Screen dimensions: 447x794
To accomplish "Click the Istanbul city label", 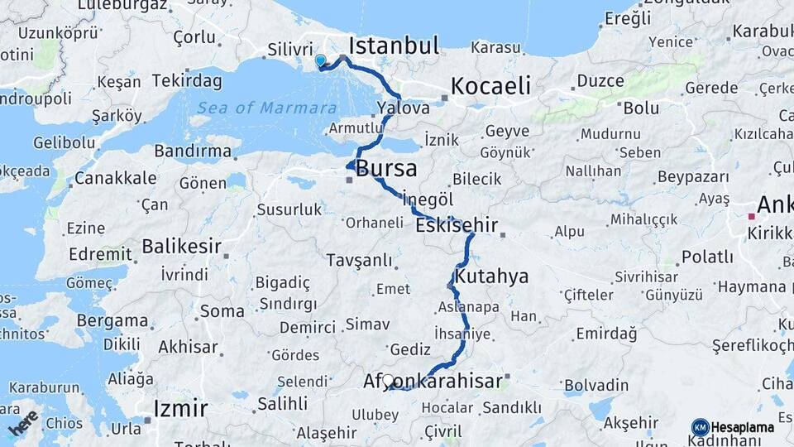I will pos(394,46).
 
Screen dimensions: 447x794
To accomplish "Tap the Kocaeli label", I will pos(491,86).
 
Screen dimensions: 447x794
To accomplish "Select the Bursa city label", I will pos(386,170).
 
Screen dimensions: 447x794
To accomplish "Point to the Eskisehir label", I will pos(457,225).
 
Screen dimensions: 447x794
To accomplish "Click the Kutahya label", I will pos(491,276).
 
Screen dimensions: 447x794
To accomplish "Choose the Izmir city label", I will pos(180,408).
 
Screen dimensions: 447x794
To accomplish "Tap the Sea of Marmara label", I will pos(266,108).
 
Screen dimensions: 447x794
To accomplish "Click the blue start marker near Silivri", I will pos(320,60).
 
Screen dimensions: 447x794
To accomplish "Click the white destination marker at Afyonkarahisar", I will pos(388,381).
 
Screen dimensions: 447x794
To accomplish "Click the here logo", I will pos(24,422).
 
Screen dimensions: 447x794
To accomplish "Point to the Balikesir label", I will pos(181,246).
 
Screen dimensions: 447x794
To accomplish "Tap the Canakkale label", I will pos(115,178).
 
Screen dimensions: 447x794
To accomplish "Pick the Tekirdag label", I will pos(185,81).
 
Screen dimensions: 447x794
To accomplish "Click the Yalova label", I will pos(403,108).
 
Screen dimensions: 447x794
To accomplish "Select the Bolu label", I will pos(641,108).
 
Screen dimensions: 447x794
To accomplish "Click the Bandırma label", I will pos(193,151).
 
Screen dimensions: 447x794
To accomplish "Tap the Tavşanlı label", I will pos(359,261).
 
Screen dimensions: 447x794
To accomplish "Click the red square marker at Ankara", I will pos(751,217).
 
